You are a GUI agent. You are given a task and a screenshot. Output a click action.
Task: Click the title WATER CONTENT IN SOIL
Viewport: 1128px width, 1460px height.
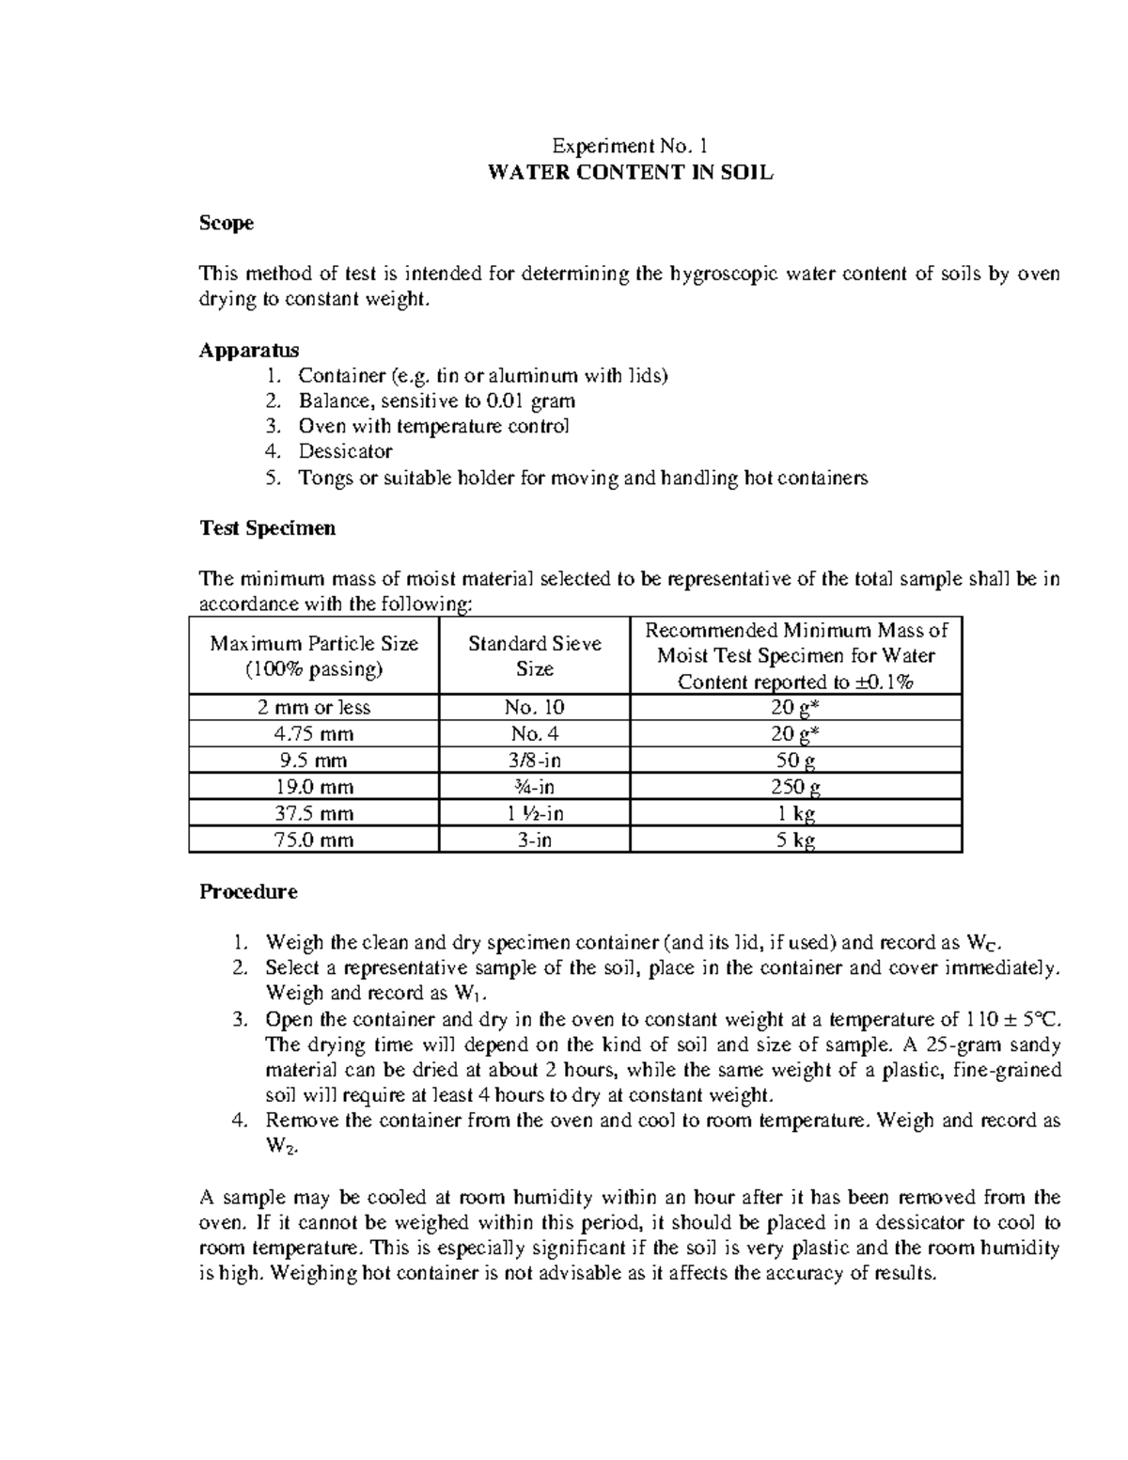click(x=629, y=173)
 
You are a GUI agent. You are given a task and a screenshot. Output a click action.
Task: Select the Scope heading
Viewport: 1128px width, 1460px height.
click(x=226, y=224)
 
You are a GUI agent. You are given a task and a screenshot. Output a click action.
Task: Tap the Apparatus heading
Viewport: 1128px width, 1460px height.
click(x=249, y=351)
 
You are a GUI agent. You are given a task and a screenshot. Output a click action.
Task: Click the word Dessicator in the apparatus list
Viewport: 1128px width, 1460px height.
click(x=345, y=451)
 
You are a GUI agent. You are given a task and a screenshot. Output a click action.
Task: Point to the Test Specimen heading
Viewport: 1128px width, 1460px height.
click(x=267, y=528)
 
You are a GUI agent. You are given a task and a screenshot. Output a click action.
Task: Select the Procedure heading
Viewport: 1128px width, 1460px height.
click(x=248, y=891)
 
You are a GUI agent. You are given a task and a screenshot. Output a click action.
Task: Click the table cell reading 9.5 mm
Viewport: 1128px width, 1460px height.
click(x=314, y=761)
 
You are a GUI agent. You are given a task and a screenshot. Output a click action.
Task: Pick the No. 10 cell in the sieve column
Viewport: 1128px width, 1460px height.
click(x=534, y=708)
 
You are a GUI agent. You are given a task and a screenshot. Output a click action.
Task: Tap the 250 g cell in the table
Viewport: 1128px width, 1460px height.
click(x=795, y=787)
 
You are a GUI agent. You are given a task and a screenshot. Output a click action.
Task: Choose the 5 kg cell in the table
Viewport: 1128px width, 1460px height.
click(x=795, y=840)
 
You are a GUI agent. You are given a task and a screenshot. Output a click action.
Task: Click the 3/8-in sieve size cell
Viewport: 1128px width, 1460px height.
click(x=534, y=761)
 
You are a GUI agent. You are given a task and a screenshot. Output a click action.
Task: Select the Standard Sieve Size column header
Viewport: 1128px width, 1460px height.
click(x=534, y=656)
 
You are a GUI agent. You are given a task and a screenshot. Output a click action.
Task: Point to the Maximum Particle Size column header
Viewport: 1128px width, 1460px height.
click(x=314, y=656)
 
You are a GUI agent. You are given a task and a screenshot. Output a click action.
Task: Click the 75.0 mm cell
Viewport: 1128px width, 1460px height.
click(x=314, y=840)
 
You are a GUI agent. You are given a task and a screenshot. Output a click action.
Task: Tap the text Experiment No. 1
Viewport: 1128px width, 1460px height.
click(x=628, y=147)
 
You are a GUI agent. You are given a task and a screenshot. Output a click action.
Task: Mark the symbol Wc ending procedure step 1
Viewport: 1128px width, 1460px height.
click(x=978, y=943)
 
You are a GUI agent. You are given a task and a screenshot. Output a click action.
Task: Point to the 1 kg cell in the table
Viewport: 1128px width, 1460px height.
click(x=795, y=813)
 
